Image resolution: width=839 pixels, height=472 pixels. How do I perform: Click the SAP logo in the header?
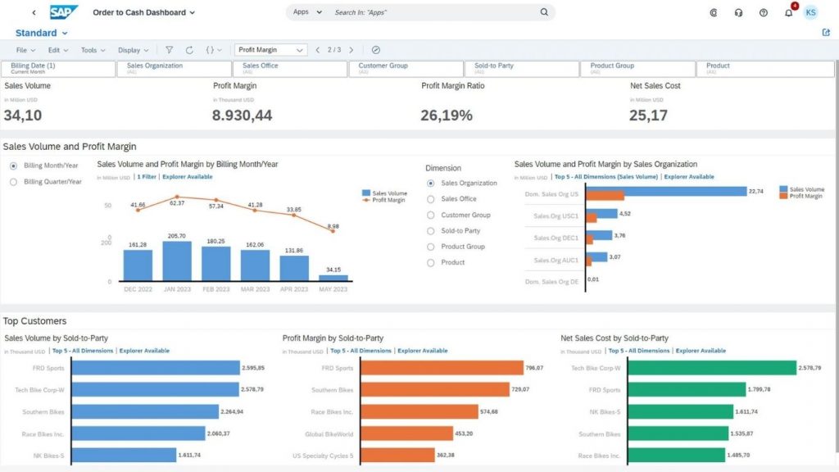pos(64,12)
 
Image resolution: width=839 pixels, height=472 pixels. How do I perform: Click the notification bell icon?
pos(788,13)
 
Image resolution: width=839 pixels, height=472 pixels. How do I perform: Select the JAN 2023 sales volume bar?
pos(177,261)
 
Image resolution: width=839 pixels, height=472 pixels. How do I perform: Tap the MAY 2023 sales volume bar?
pos(333,278)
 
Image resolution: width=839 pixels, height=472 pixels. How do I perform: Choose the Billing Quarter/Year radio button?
pos(13,182)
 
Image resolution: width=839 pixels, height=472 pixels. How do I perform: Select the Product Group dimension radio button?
pos(431,247)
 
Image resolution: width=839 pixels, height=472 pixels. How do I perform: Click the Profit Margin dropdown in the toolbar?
pos(270,50)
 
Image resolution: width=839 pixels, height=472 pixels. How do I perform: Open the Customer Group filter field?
pos(405,69)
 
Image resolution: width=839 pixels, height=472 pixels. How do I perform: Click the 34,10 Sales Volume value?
pos(23,116)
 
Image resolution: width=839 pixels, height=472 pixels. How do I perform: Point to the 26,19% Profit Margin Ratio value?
pos(447,116)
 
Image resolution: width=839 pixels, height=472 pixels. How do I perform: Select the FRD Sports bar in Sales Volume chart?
pos(156,368)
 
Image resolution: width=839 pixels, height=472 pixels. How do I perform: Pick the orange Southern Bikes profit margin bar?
pos(435,389)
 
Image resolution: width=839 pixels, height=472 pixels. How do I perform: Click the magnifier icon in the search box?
pos(544,13)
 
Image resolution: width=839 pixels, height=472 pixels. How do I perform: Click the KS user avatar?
pos(810,13)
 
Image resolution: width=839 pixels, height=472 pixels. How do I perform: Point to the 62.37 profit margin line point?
pos(177,197)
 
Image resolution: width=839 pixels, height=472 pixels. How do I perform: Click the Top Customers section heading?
pos(35,321)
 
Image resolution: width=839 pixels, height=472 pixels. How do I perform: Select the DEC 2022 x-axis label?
pos(138,289)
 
